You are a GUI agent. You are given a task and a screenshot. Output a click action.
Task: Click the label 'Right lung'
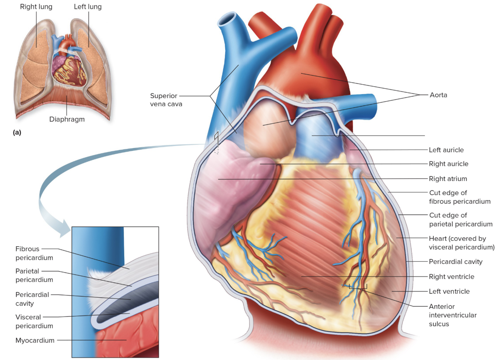pyautogui.click(x=36, y=7)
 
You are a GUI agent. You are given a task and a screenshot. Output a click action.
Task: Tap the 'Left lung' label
pyautogui.click(x=88, y=7)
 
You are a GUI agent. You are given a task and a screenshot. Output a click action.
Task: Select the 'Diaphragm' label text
pyautogui.click(x=67, y=119)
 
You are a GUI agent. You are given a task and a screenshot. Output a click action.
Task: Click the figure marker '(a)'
pyautogui.click(x=17, y=132)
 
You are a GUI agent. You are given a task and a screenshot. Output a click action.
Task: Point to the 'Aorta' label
pyautogui.click(x=438, y=95)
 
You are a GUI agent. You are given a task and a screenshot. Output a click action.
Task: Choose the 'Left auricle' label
pyautogui.click(x=446, y=150)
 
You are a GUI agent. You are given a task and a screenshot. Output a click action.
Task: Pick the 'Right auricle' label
pyautogui.click(x=448, y=164)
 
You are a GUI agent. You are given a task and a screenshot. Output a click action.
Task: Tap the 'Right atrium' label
pyautogui.click(x=448, y=179)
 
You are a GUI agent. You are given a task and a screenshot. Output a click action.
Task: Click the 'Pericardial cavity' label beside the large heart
pyautogui.click(x=455, y=262)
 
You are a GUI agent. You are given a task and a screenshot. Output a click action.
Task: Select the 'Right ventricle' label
pyautogui.click(x=451, y=277)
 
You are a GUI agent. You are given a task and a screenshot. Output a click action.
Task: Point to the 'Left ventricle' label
pyautogui.click(x=449, y=292)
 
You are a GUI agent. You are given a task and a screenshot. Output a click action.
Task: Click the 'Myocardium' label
pyautogui.click(x=35, y=340)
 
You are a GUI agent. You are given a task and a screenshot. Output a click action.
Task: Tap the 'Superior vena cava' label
pyautogui.click(x=166, y=100)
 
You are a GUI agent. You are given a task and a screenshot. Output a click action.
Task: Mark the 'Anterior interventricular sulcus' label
pyautogui.click(x=453, y=315)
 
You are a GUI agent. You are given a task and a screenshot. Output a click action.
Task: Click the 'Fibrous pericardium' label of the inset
pyautogui.click(x=34, y=253)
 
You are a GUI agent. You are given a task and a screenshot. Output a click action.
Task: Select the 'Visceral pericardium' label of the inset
pyautogui.click(x=34, y=321)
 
